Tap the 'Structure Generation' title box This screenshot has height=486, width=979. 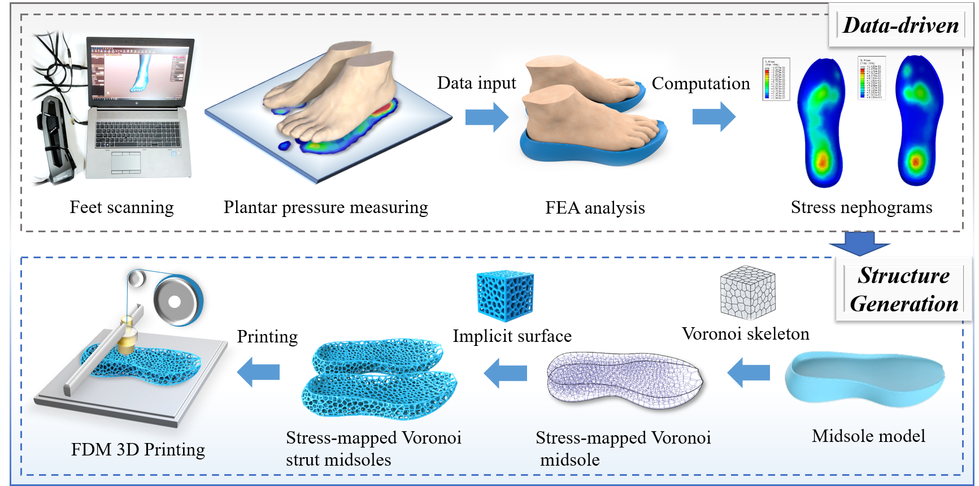pos(904,289)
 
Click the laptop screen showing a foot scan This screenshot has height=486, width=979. pos(140,71)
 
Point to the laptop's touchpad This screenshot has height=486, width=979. pos(125,162)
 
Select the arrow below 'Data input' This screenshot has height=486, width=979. pos(486,117)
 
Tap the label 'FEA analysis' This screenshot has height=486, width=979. pos(595,208)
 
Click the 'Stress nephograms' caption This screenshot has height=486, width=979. pos(861,207)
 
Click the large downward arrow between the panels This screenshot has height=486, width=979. pos(859,243)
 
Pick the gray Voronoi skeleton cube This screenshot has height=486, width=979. pos(747,293)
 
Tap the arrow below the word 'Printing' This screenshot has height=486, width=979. pos(259,372)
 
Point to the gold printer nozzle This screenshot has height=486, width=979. pos(128,340)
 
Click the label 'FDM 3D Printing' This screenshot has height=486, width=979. pos(138,450)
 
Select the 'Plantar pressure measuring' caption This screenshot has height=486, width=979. pos(325,207)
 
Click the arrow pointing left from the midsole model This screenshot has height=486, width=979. pos(749,372)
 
